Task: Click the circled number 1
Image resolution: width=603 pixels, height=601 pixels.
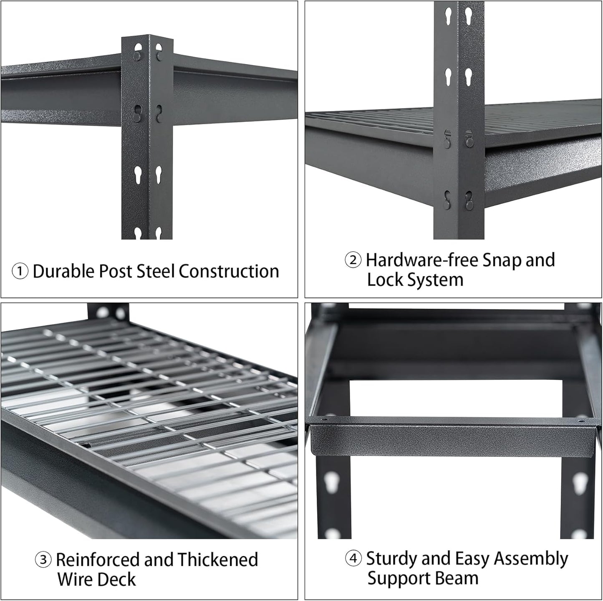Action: tap(20, 272)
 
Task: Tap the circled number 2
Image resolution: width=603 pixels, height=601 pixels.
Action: tap(353, 260)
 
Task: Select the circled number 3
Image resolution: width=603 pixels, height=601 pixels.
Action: tap(43, 560)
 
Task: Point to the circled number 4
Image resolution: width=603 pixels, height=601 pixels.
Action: tap(353, 559)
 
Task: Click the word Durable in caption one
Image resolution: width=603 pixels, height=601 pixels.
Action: tap(64, 271)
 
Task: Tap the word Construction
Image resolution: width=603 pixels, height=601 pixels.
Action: tap(229, 271)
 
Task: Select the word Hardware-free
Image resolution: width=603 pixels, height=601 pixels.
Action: tap(421, 260)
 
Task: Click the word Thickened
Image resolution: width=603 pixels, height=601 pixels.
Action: tap(218, 560)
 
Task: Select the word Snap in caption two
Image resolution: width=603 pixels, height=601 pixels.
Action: tap(501, 260)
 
